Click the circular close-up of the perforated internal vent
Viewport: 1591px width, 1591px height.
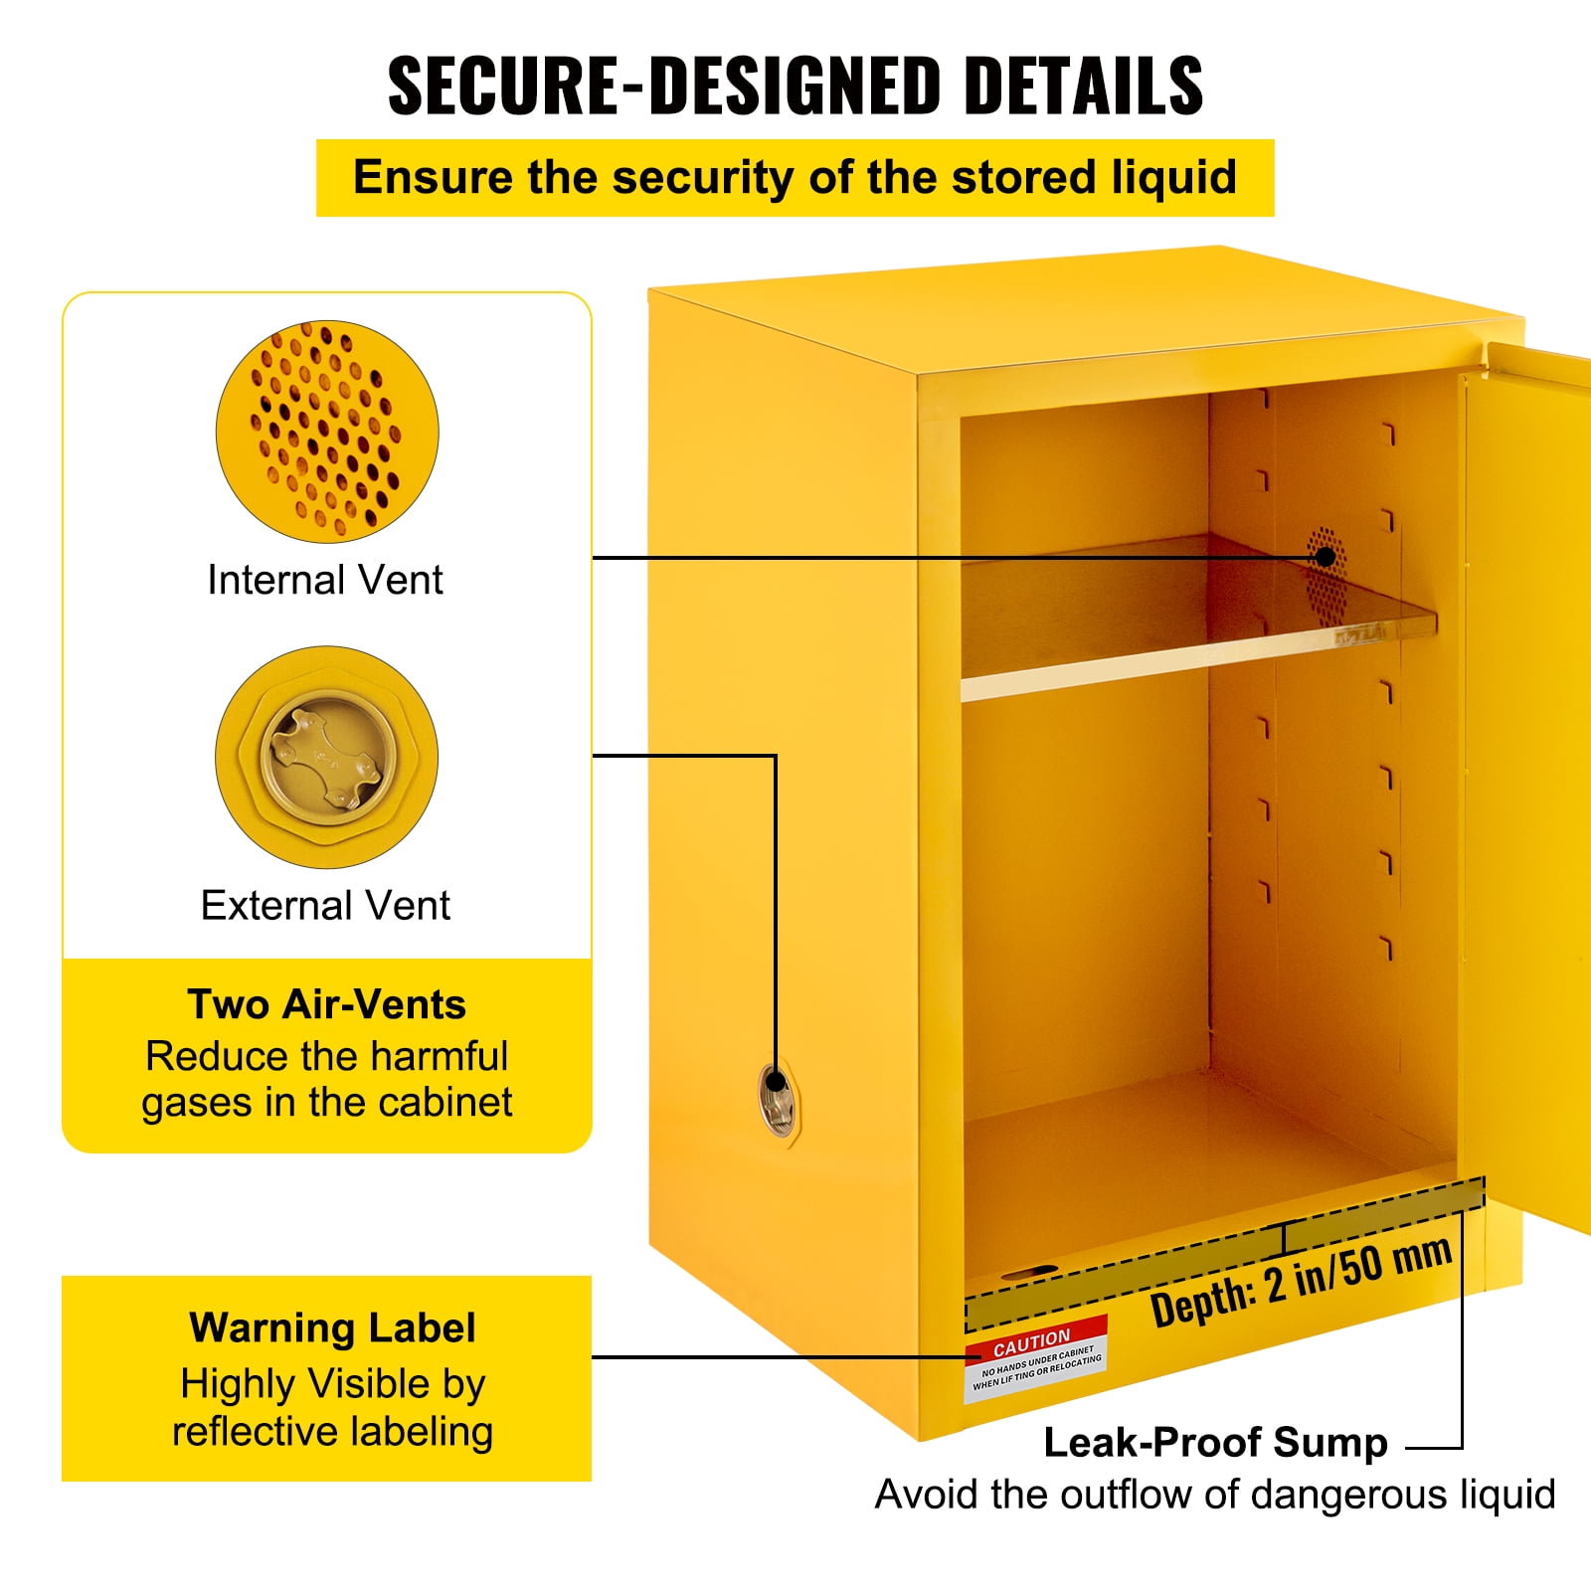click(327, 432)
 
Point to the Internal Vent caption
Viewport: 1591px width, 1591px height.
click(325, 580)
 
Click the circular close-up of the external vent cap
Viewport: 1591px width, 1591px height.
click(327, 758)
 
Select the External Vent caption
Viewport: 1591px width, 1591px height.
click(325, 906)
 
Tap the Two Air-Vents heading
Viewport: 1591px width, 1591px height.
click(326, 1004)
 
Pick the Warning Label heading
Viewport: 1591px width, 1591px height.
click(332, 1328)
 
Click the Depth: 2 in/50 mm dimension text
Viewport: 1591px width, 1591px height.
click(1301, 1283)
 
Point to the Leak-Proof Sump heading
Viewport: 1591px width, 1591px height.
click(1215, 1442)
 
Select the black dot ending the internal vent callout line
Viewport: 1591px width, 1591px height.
click(1326, 557)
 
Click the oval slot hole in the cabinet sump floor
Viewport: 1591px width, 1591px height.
click(1029, 1272)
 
